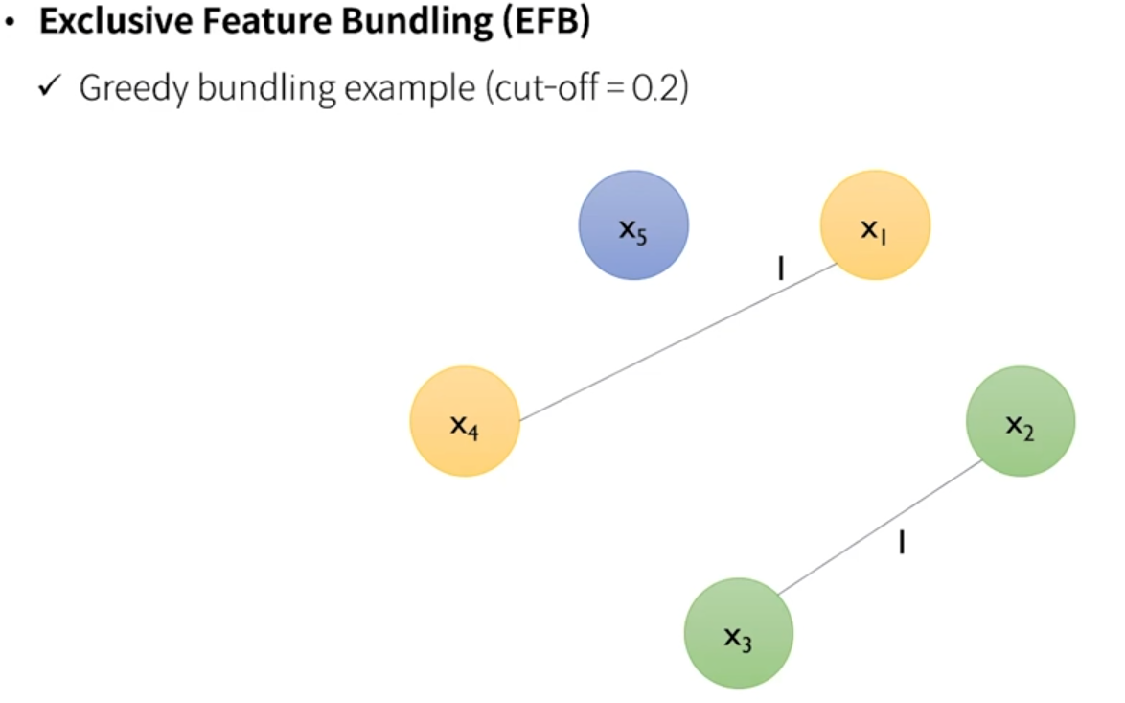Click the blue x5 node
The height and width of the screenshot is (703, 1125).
[633, 225]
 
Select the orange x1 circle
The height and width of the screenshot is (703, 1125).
[875, 225]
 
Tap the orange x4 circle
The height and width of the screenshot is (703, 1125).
[465, 421]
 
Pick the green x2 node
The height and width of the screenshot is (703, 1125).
[1021, 421]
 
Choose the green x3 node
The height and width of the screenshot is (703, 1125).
[738, 633]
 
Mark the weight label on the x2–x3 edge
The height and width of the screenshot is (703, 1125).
[902, 544]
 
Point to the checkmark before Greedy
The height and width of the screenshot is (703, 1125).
[50, 88]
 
